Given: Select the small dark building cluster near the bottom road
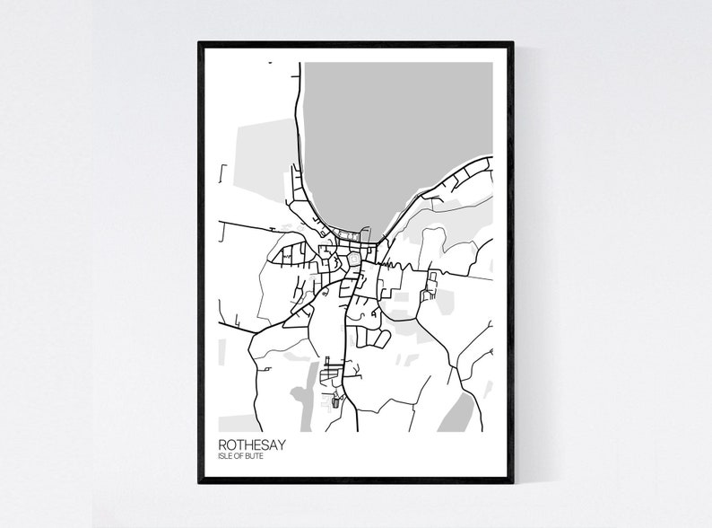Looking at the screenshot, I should (337, 399).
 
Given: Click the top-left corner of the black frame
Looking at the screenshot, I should (200, 42).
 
